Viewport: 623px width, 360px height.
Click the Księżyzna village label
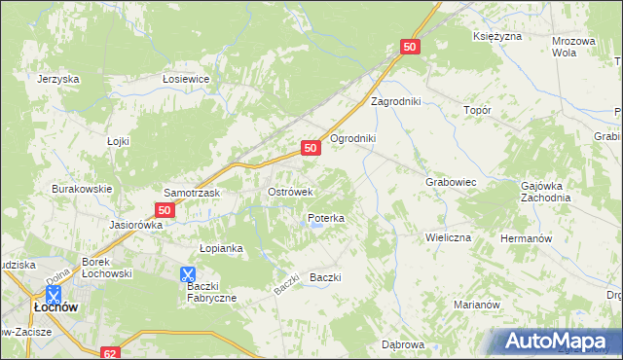497,36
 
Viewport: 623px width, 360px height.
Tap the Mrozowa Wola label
573,48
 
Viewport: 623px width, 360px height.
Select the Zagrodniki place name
394,101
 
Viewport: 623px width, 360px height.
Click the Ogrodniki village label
352,138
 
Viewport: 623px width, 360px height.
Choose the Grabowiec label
450,182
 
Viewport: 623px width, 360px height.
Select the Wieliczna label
448,236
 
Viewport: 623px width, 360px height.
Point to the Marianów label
476,305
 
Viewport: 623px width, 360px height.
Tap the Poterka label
325,219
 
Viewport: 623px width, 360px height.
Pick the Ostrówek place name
289,193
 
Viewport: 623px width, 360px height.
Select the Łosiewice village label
187,79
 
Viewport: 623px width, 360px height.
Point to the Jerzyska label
56,79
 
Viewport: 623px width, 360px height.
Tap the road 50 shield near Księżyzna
410,47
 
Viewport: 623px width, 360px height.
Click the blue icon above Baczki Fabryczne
188,275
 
